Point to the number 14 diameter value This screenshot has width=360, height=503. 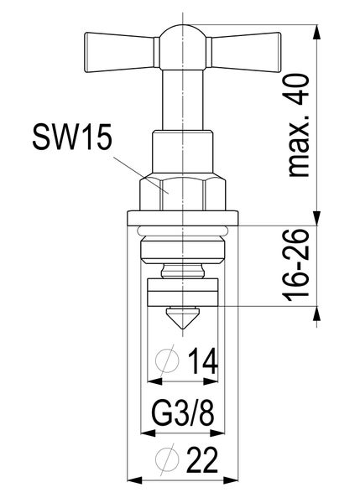pyautogui.click(x=201, y=362)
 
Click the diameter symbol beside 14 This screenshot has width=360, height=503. pyautogui.click(x=168, y=362)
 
